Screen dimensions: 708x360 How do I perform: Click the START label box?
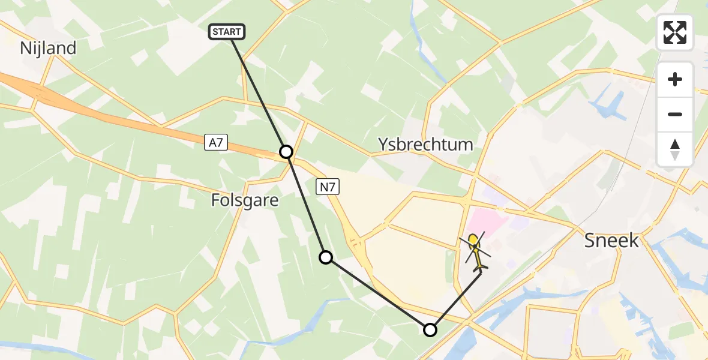227,32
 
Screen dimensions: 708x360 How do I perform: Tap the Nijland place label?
48,48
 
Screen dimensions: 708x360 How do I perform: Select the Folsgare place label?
245,200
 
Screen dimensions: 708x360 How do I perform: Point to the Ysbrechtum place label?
425,144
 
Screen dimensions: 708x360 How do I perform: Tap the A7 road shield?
215,142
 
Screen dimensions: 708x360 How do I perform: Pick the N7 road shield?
328,188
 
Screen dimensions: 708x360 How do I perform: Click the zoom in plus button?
675,79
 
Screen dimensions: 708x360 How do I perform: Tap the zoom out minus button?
675,114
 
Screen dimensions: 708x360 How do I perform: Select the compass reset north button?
675,149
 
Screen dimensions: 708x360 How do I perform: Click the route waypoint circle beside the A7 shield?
286,152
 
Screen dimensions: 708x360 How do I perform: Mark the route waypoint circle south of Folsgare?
325,257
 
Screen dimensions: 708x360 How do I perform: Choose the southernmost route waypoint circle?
430,329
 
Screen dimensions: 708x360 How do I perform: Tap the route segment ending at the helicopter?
456,301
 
